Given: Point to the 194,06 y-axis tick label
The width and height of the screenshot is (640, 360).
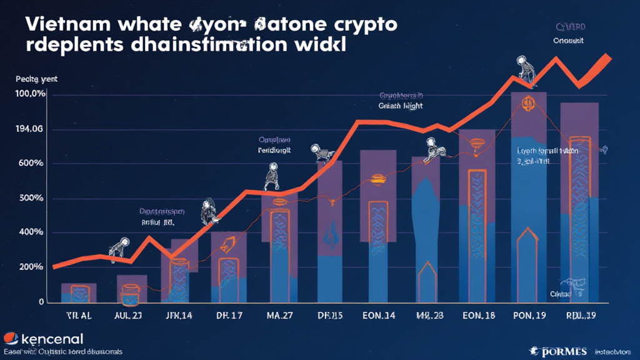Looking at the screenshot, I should coord(29,129).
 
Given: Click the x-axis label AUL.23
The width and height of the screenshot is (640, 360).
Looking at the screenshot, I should coord(128,316).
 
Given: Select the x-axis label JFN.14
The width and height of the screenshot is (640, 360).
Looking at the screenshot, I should coord(177,316).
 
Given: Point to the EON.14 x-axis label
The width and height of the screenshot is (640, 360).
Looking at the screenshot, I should coord(378,316).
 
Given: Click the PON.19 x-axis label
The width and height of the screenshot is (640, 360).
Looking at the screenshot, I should coord(529,316).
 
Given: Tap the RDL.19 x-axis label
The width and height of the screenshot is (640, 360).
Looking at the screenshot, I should coord(580,316).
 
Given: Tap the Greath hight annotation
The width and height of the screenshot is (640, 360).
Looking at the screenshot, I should coord(401,106).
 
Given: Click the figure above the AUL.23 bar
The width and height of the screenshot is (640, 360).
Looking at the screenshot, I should coord(119,246).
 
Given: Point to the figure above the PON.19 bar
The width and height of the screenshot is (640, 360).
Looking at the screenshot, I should coord(521,68).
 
